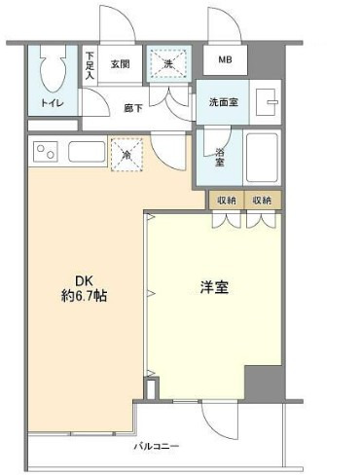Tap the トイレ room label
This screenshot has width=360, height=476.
tap(53, 102)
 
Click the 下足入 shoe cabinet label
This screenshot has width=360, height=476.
tap(90, 65)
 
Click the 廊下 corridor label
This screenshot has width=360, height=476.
tap(134, 109)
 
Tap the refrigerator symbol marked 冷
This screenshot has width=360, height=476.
tap(126, 154)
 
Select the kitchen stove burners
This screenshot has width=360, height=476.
tap(47, 151)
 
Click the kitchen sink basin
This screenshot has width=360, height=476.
tap(85, 152)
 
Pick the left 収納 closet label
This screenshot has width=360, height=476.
tap(227, 201)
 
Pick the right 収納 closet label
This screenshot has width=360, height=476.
tap(262, 201)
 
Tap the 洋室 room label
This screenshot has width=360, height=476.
tap(215, 288)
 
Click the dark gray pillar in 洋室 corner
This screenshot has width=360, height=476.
tap(262, 382)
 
